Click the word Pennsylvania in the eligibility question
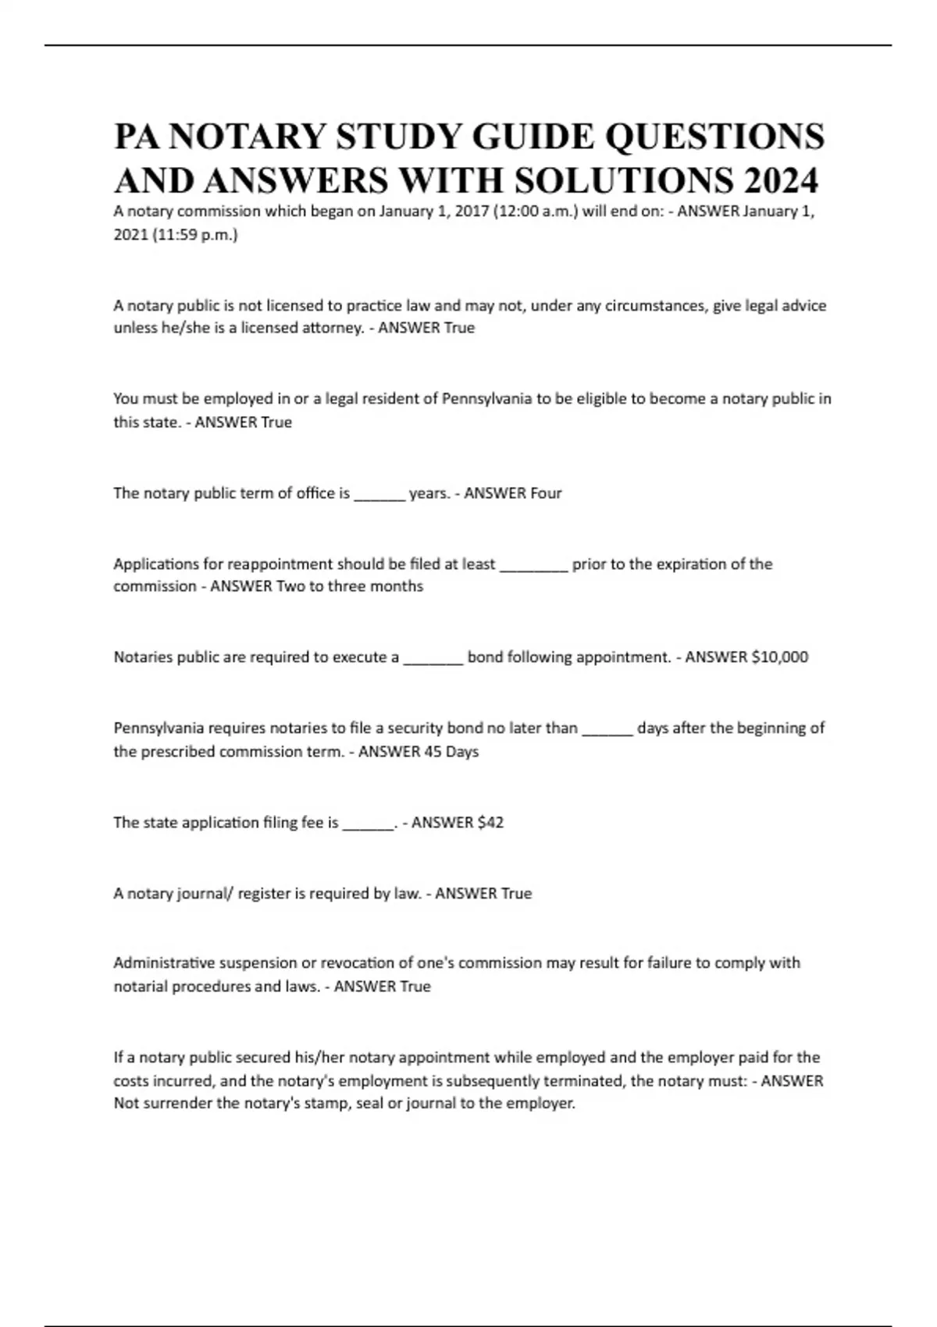[x=487, y=399]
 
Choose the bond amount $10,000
[x=779, y=657]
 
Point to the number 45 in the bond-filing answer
[x=432, y=752]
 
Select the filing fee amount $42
[x=490, y=823]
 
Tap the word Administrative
[x=164, y=963]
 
